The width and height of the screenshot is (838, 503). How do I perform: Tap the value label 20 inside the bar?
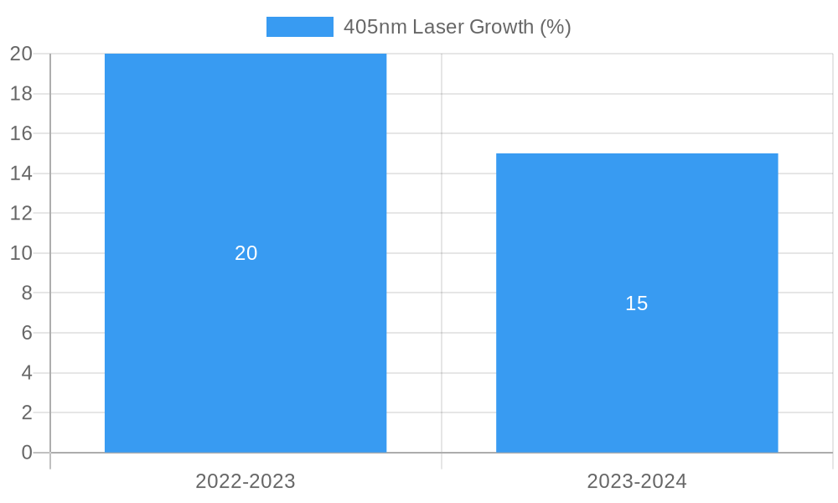pyautogui.click(x=246, y=253)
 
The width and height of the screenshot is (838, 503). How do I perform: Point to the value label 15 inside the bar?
pyautogui.click(x=637, y=303)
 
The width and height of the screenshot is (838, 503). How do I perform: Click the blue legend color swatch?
pyautogui.click(x=299, y=27)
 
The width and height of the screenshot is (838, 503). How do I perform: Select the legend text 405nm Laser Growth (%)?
pyautogui.click(x=457, y=27)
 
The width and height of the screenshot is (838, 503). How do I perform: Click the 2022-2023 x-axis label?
pyautogui.click(x=246, y=481)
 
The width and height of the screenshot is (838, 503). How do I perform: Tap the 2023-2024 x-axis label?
pyautogui.click(x=637, y=481)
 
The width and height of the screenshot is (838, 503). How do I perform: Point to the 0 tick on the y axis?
pyautogui.click(x=27, y=453)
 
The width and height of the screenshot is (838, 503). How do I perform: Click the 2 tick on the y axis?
pyautogui.click(x=27, y=412)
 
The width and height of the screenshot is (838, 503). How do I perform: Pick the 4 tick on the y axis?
pyautogui.click(x=27, y=373)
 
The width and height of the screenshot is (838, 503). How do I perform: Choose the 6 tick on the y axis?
pyautogui.click(x=27, y=333)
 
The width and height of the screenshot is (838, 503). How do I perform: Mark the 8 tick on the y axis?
pyautogui.click(x=27, y=293)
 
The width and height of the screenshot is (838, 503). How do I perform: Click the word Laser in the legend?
pyautogui.click(x=438, y=27)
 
